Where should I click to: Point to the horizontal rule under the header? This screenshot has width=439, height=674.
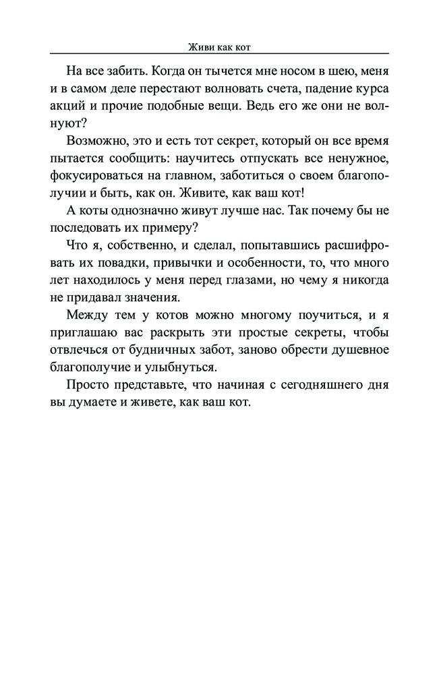coord(219,53)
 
